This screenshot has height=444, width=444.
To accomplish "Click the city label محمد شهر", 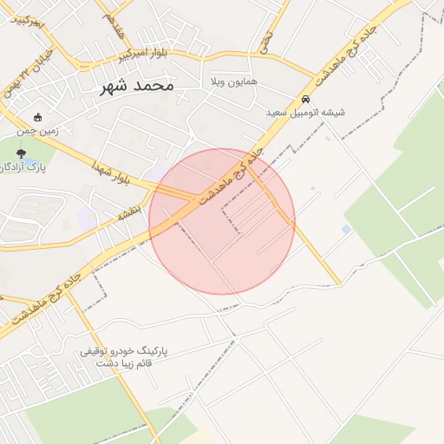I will pyautogui.click(x=137, y=86).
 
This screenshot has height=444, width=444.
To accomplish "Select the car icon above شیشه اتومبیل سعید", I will pyautogui.click(x=306, y=99).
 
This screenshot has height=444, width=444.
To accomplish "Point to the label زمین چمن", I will pyautogui.click(x=36, y=133).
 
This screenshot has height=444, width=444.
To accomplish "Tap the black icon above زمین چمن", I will pyautogui.click(x=36, y=118).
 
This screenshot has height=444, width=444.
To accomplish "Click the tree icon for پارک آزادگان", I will pyautogui.click(x=21, y=153).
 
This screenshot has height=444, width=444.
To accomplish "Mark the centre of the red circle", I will pyautogui.click(x=222, y=221).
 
